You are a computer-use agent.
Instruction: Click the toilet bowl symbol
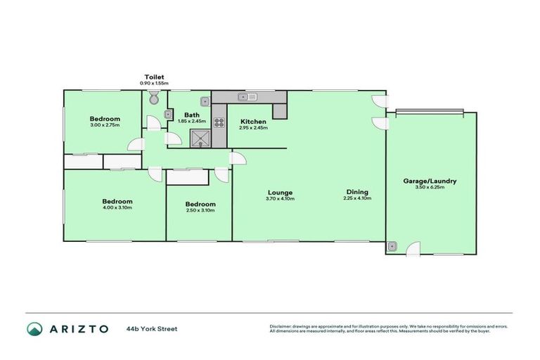154,100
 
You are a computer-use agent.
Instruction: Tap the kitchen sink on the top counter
248,96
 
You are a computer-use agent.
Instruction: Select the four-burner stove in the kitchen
219,122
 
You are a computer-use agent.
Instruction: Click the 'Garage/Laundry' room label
429,181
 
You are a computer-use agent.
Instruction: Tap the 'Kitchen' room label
253,121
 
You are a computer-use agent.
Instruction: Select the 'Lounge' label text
280,192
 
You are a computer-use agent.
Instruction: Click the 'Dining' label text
357,192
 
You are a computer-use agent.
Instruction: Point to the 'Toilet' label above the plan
155,76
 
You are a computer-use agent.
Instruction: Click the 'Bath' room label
192,115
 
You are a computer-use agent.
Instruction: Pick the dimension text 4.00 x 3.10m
117,207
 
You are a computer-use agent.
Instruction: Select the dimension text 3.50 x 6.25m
429,188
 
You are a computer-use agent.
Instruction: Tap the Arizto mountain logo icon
34,328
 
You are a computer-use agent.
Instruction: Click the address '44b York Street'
152,328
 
